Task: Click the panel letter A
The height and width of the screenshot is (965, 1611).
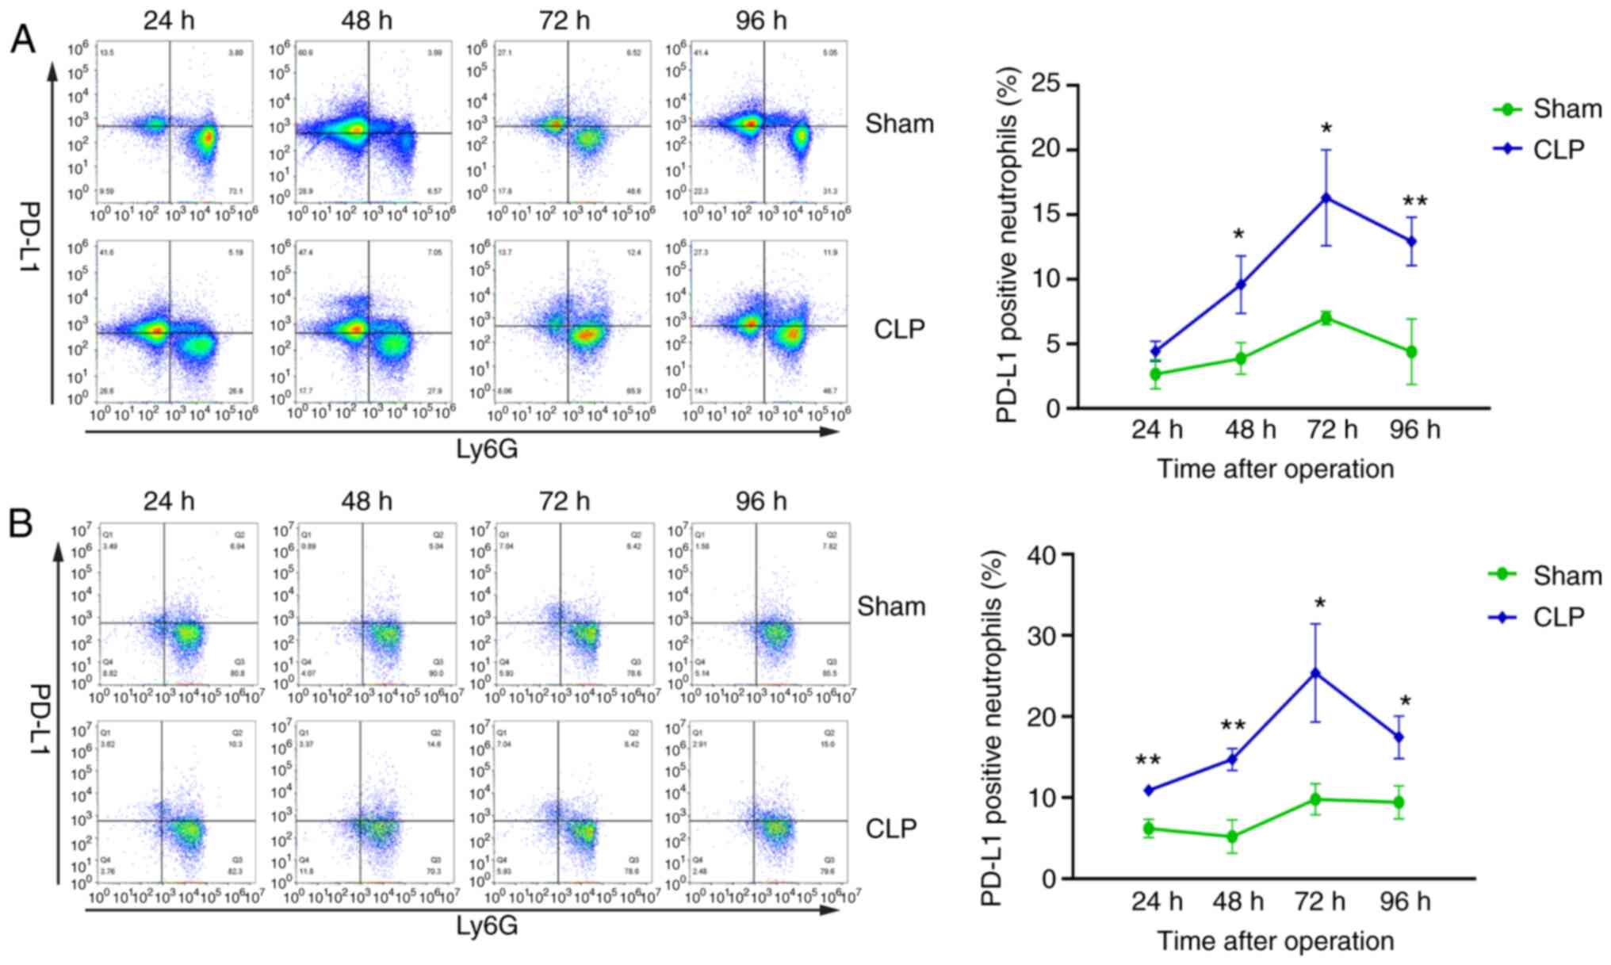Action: (23, 39)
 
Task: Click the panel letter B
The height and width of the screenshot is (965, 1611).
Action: (21, 523)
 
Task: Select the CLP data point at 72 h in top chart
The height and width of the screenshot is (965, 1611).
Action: (1326, 197)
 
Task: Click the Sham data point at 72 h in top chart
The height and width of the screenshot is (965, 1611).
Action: (1326, 318)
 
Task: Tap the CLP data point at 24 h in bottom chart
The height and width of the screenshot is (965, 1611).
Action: (1148, 790)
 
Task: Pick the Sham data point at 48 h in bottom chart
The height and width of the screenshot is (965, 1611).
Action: (1232, 836)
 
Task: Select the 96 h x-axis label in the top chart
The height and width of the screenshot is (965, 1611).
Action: (1415, 430)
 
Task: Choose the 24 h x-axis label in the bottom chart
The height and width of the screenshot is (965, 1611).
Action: (1157, 901)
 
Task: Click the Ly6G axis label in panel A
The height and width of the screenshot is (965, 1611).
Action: (487, 450)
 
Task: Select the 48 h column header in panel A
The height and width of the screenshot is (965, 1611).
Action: (366, 21)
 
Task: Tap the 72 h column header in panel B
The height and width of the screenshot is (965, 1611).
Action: (564, 501)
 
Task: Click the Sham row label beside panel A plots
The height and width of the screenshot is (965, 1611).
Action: (899, 123)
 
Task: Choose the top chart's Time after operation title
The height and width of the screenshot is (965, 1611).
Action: (1275, 469)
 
